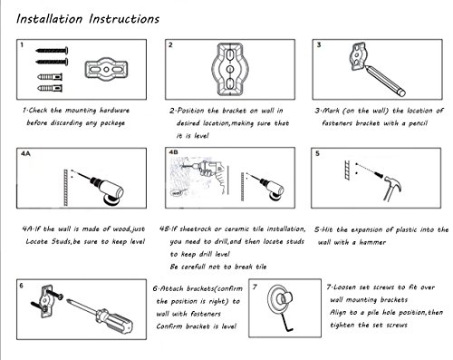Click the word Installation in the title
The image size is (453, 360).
point(49,19)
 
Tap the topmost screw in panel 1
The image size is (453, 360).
point(52,51)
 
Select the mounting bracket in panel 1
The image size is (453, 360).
point(106,69)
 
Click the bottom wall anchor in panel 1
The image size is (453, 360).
point(50,89)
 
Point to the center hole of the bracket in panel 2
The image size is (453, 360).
point(230,69)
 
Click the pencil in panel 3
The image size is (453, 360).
point(385,80)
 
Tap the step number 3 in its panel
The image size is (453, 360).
point(319,45)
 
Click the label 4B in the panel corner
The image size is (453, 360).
point(173,152)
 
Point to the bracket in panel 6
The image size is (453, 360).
point(47,301)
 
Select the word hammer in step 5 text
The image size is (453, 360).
point(372,242)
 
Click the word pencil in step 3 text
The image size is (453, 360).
point(418,123)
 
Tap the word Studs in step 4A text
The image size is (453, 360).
point(61,241)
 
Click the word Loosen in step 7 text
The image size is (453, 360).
point(344,287)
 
